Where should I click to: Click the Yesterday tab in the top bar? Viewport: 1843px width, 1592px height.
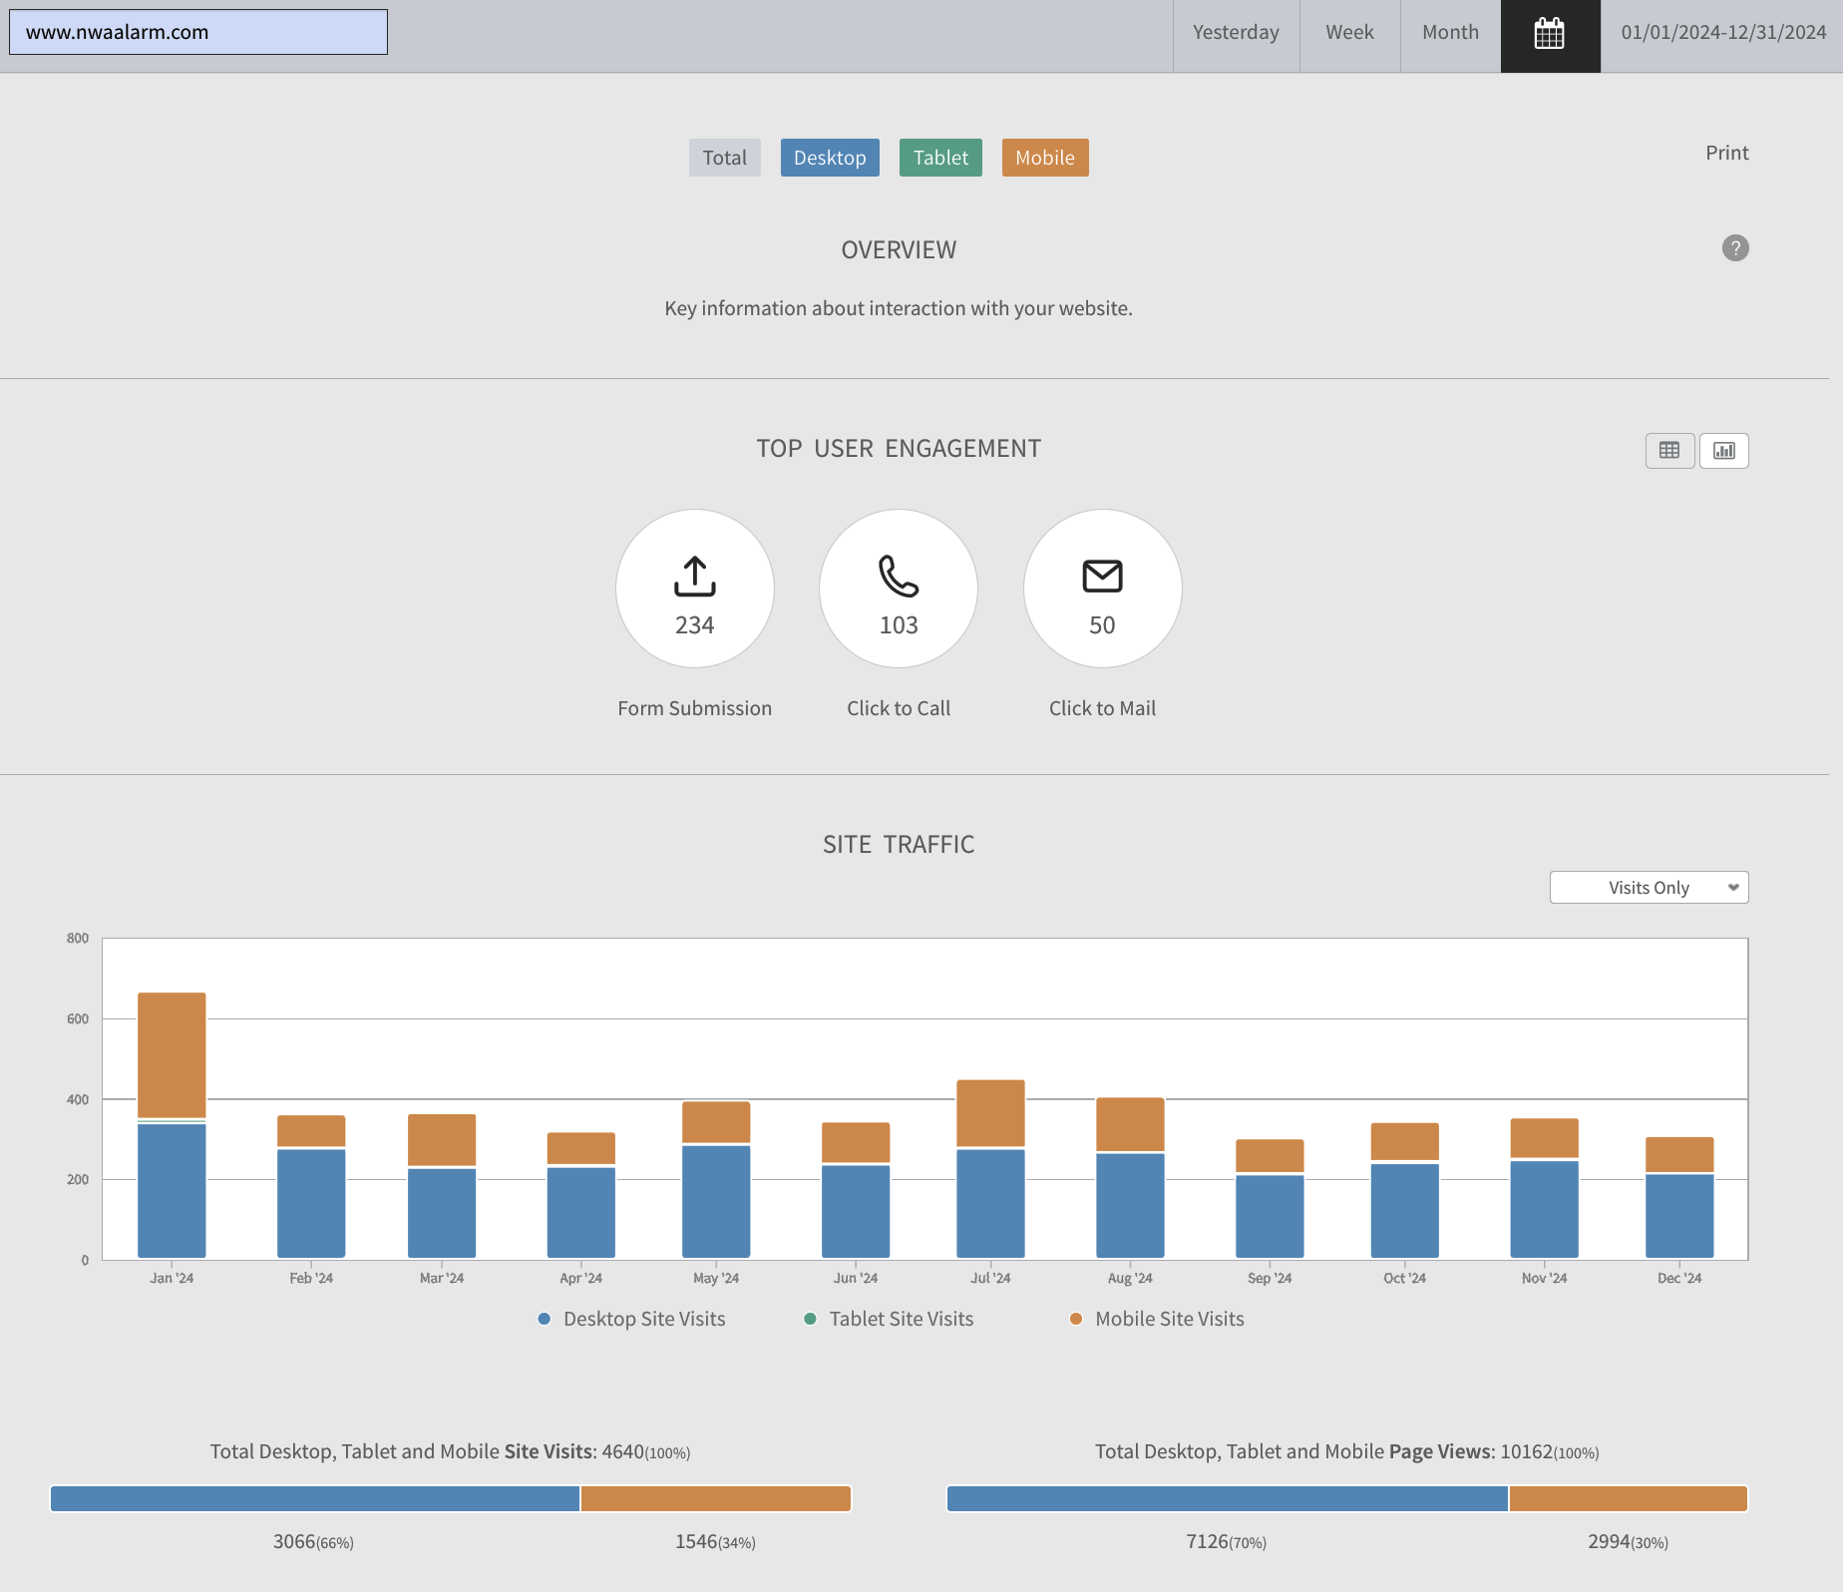[x=1236, y=33]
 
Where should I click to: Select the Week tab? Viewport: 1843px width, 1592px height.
[x=1349, y=33]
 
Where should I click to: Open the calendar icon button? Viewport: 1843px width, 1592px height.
[x=1550, y=34]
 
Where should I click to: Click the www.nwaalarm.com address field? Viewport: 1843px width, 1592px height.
[x=198, y=32]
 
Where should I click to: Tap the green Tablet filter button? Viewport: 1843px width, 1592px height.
[x=940, y=158]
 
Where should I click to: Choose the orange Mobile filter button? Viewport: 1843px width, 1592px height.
[x=1045, y=158]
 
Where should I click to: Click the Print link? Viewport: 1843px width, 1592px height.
[x=1726, y=153]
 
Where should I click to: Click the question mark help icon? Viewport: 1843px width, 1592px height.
[x=1735, y=248]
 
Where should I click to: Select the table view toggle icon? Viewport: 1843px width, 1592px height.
[x=1669, y=451]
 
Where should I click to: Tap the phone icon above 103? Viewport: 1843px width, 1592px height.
[x=899, y=576]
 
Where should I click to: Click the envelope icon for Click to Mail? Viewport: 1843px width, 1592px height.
[x=1102, y=576]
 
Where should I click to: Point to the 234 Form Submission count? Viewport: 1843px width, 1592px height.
[x=695, y=625]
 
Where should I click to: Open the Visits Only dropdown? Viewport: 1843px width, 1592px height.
[x=1649, y=888]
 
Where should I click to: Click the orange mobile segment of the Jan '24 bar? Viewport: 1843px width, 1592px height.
[x=172, y=1055]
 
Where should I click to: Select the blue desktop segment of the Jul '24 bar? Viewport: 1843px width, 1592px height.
[x=990, y=1204]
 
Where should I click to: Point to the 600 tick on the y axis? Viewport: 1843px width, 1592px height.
[x=78, y=1018]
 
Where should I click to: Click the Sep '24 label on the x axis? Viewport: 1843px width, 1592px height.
[x=1270, y=1278]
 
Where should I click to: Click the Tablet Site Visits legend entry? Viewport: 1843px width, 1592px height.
[x=889, y=1319]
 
